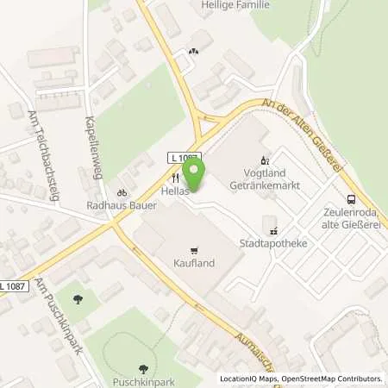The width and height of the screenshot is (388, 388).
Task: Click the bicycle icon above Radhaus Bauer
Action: point(122,192)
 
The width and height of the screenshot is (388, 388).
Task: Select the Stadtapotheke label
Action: point(274,244)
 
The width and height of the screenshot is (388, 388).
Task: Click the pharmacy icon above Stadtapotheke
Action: point(274,230)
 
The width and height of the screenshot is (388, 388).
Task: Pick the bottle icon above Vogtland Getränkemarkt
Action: point(265,160)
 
